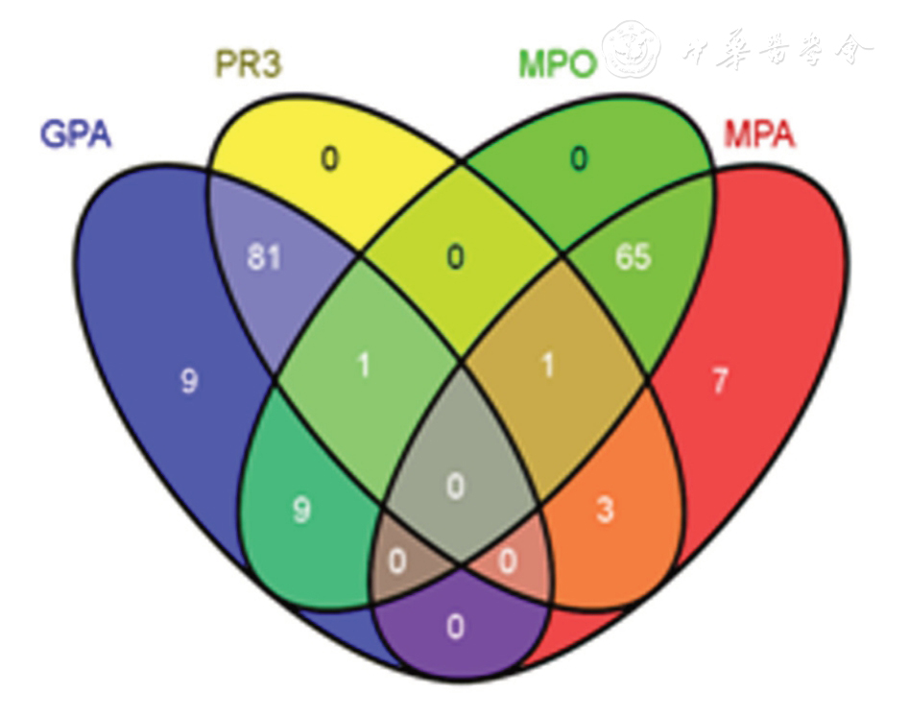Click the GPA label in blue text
coord(76,133)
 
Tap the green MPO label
coord(557,65)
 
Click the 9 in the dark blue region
coord(190,382)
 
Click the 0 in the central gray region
coord(455,488)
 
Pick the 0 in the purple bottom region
coord(455,627)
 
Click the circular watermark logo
coord(632,49)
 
